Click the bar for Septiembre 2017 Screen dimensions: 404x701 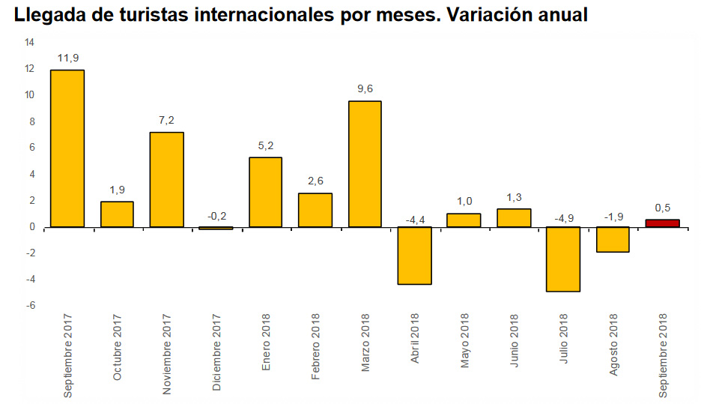click(x=67, y=148)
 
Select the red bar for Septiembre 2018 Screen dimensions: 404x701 click(x=663, y=223)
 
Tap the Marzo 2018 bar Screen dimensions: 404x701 click(x=365, y=164)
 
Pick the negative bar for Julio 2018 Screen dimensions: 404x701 click(x=563, y=259)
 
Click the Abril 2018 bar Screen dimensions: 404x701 click(x=414, y=256)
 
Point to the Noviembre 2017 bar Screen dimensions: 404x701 click(x=166, y=180)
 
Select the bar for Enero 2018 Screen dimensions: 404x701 click(x=265, y=193)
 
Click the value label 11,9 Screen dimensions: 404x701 click(x=67, y=57)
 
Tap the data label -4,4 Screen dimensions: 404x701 click(x=414, y=220)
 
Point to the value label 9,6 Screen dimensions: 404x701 click(x=365, y=88)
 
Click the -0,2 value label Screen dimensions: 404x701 click(x=216, y=216)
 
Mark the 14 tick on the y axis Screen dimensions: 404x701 click(x=29, y=42)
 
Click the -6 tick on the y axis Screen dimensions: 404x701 click(x=30, y=306)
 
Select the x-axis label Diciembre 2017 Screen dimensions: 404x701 click(x=216, y=353)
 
